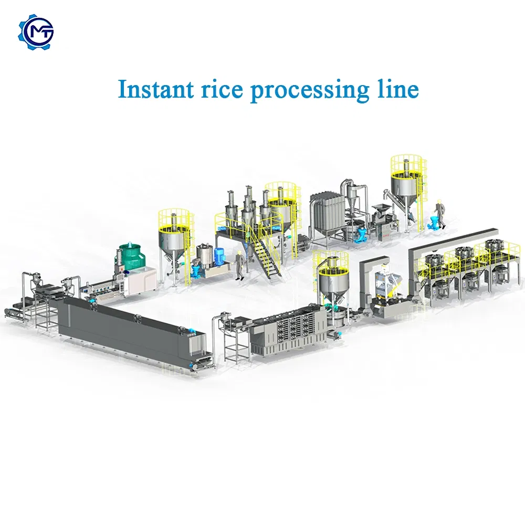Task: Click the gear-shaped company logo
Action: click(36, 32)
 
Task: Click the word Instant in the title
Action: click(156, 89)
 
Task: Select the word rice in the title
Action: click(222, 89)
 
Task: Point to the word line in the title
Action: click(398, 89)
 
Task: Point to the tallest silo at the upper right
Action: click(408, 191)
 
